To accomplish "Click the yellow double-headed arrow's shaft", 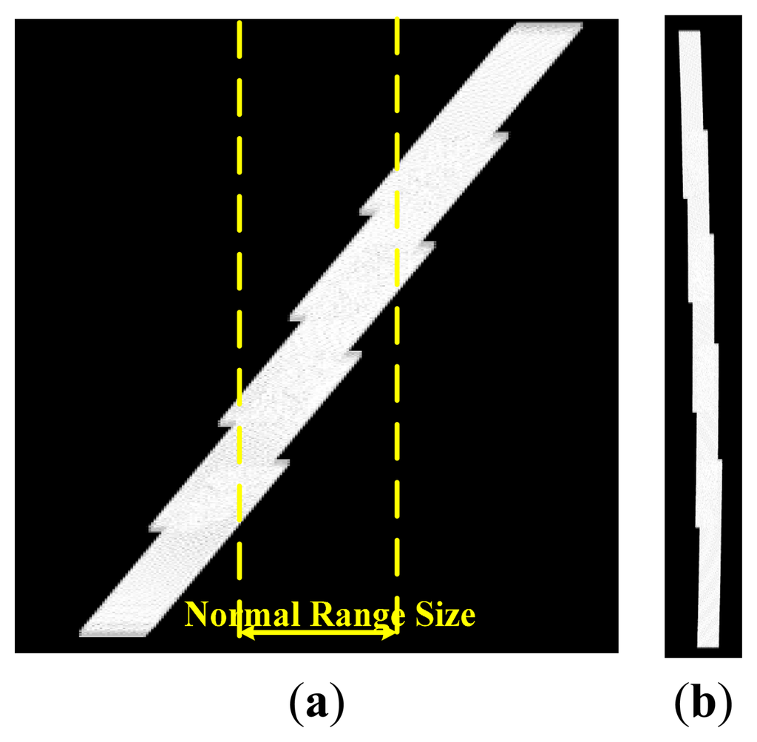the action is (319, 633).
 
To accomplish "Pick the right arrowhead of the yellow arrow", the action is (392, 633).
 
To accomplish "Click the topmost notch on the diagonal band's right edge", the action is (503, 135).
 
